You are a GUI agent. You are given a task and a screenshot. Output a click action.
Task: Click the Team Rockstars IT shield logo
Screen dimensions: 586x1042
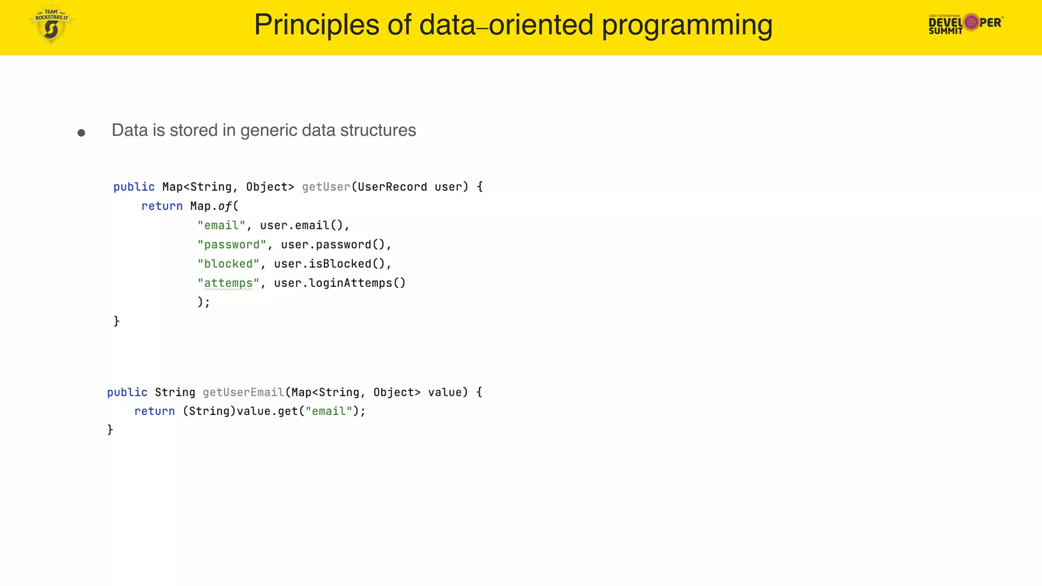point(51,24)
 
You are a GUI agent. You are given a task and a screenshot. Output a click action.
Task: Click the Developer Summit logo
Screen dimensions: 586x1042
point(966,23)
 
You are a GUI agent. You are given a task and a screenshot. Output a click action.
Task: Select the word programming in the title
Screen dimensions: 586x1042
point(687,25)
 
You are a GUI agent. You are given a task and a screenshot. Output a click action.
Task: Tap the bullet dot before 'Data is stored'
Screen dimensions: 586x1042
point(81,133)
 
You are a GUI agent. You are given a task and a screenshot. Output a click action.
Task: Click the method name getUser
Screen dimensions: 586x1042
point(326,187)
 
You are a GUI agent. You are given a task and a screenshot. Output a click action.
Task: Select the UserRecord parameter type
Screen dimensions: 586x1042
point(392,187)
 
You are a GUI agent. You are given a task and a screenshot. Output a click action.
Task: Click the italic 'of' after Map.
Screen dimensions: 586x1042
point(225,207)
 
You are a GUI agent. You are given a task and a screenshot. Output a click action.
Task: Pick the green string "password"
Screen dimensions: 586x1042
point(232,245)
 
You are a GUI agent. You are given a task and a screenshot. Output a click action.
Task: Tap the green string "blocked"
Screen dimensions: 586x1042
point(228,264)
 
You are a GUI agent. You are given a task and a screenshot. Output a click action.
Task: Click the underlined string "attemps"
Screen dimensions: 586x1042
point(228,283)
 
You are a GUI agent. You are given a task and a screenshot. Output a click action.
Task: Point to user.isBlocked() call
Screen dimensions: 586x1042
point(333,264)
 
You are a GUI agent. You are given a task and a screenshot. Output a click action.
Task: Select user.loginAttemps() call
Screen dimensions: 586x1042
point(340,283)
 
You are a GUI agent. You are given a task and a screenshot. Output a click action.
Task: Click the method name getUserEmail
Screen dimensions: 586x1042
point(243,392)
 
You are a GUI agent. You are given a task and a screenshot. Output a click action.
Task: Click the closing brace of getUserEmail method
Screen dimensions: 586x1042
point(110,430)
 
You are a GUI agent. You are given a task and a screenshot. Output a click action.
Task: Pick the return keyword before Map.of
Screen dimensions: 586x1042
point(162,207)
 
